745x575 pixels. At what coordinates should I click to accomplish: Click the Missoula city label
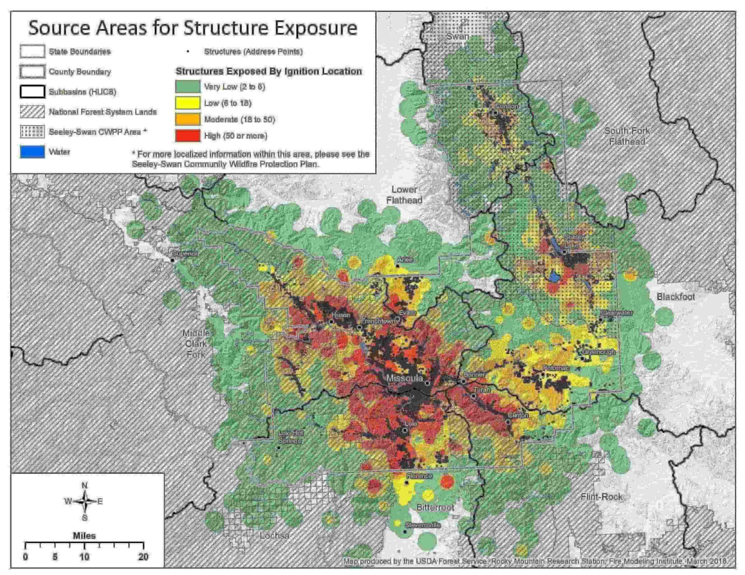pyautogui.click(x=404, y=378)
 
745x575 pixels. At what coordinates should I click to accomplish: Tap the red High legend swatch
pyautogui.click(x=187, y=136)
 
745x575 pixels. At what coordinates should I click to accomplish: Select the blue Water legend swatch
pyautogui.click(x=32, y=152)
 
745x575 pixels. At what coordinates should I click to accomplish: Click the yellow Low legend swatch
pyautogui.click(x=187, y=103)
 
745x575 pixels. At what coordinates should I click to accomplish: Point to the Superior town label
pyautogui.click(x=186, y=253)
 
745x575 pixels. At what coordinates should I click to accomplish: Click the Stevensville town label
pyautogui.click(x=422, y=525)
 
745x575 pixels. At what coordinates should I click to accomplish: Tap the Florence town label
pyautogui.click(x=419, y=476)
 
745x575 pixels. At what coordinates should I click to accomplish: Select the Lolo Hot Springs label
pyautogui.click(x=291, y=437)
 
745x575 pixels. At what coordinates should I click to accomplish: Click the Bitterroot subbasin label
pyautogui.click(x=435, y=507)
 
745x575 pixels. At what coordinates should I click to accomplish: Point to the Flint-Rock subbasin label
pyautogui.click(x=602, y=496)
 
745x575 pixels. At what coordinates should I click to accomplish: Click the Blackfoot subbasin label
pyautogui.click(x=676, y=297)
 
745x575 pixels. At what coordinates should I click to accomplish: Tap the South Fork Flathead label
pyautogui.click(x=627, y=136)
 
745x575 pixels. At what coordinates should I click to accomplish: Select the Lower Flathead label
pyautogui.click(x=404, y=195)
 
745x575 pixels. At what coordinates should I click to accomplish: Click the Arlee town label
pyautogui.click(x=405, y=259)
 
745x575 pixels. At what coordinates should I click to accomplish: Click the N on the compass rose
pyautogui.click(x=85, y=485)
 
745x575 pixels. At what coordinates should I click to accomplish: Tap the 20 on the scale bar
pyautogui.click(x=143, y=557)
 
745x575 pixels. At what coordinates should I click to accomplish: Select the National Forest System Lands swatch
pyautogui.click(x=32, y=112)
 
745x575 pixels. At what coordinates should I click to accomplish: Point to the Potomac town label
pyautogui.click(x=555, y=368)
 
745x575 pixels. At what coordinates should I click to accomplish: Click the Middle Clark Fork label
pyautogui.click(x=196, y=344)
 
